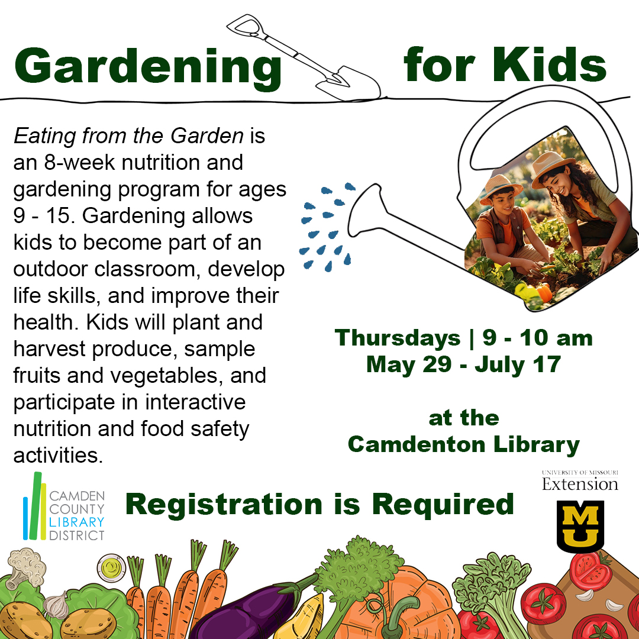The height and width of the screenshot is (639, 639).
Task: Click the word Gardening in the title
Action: click(147, 67)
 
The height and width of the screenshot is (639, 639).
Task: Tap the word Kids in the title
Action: click(550, 64)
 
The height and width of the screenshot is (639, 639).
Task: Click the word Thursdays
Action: click(398, 338)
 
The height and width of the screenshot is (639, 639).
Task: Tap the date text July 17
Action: click(518, 364)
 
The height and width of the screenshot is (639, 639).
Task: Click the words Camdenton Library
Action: click(464, 444)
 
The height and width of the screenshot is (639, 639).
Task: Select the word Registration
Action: click(224, 505)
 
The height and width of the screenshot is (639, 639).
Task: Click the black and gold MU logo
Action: click(580, 527)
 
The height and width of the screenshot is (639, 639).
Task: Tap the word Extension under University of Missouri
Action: click(580, 484)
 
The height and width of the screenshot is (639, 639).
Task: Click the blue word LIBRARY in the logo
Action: click(76, 522)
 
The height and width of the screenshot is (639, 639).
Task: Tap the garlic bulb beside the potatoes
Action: click(56, 605)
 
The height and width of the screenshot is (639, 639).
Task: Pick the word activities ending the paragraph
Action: click(58, 455)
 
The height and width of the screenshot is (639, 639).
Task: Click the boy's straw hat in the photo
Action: click(501, 189)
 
